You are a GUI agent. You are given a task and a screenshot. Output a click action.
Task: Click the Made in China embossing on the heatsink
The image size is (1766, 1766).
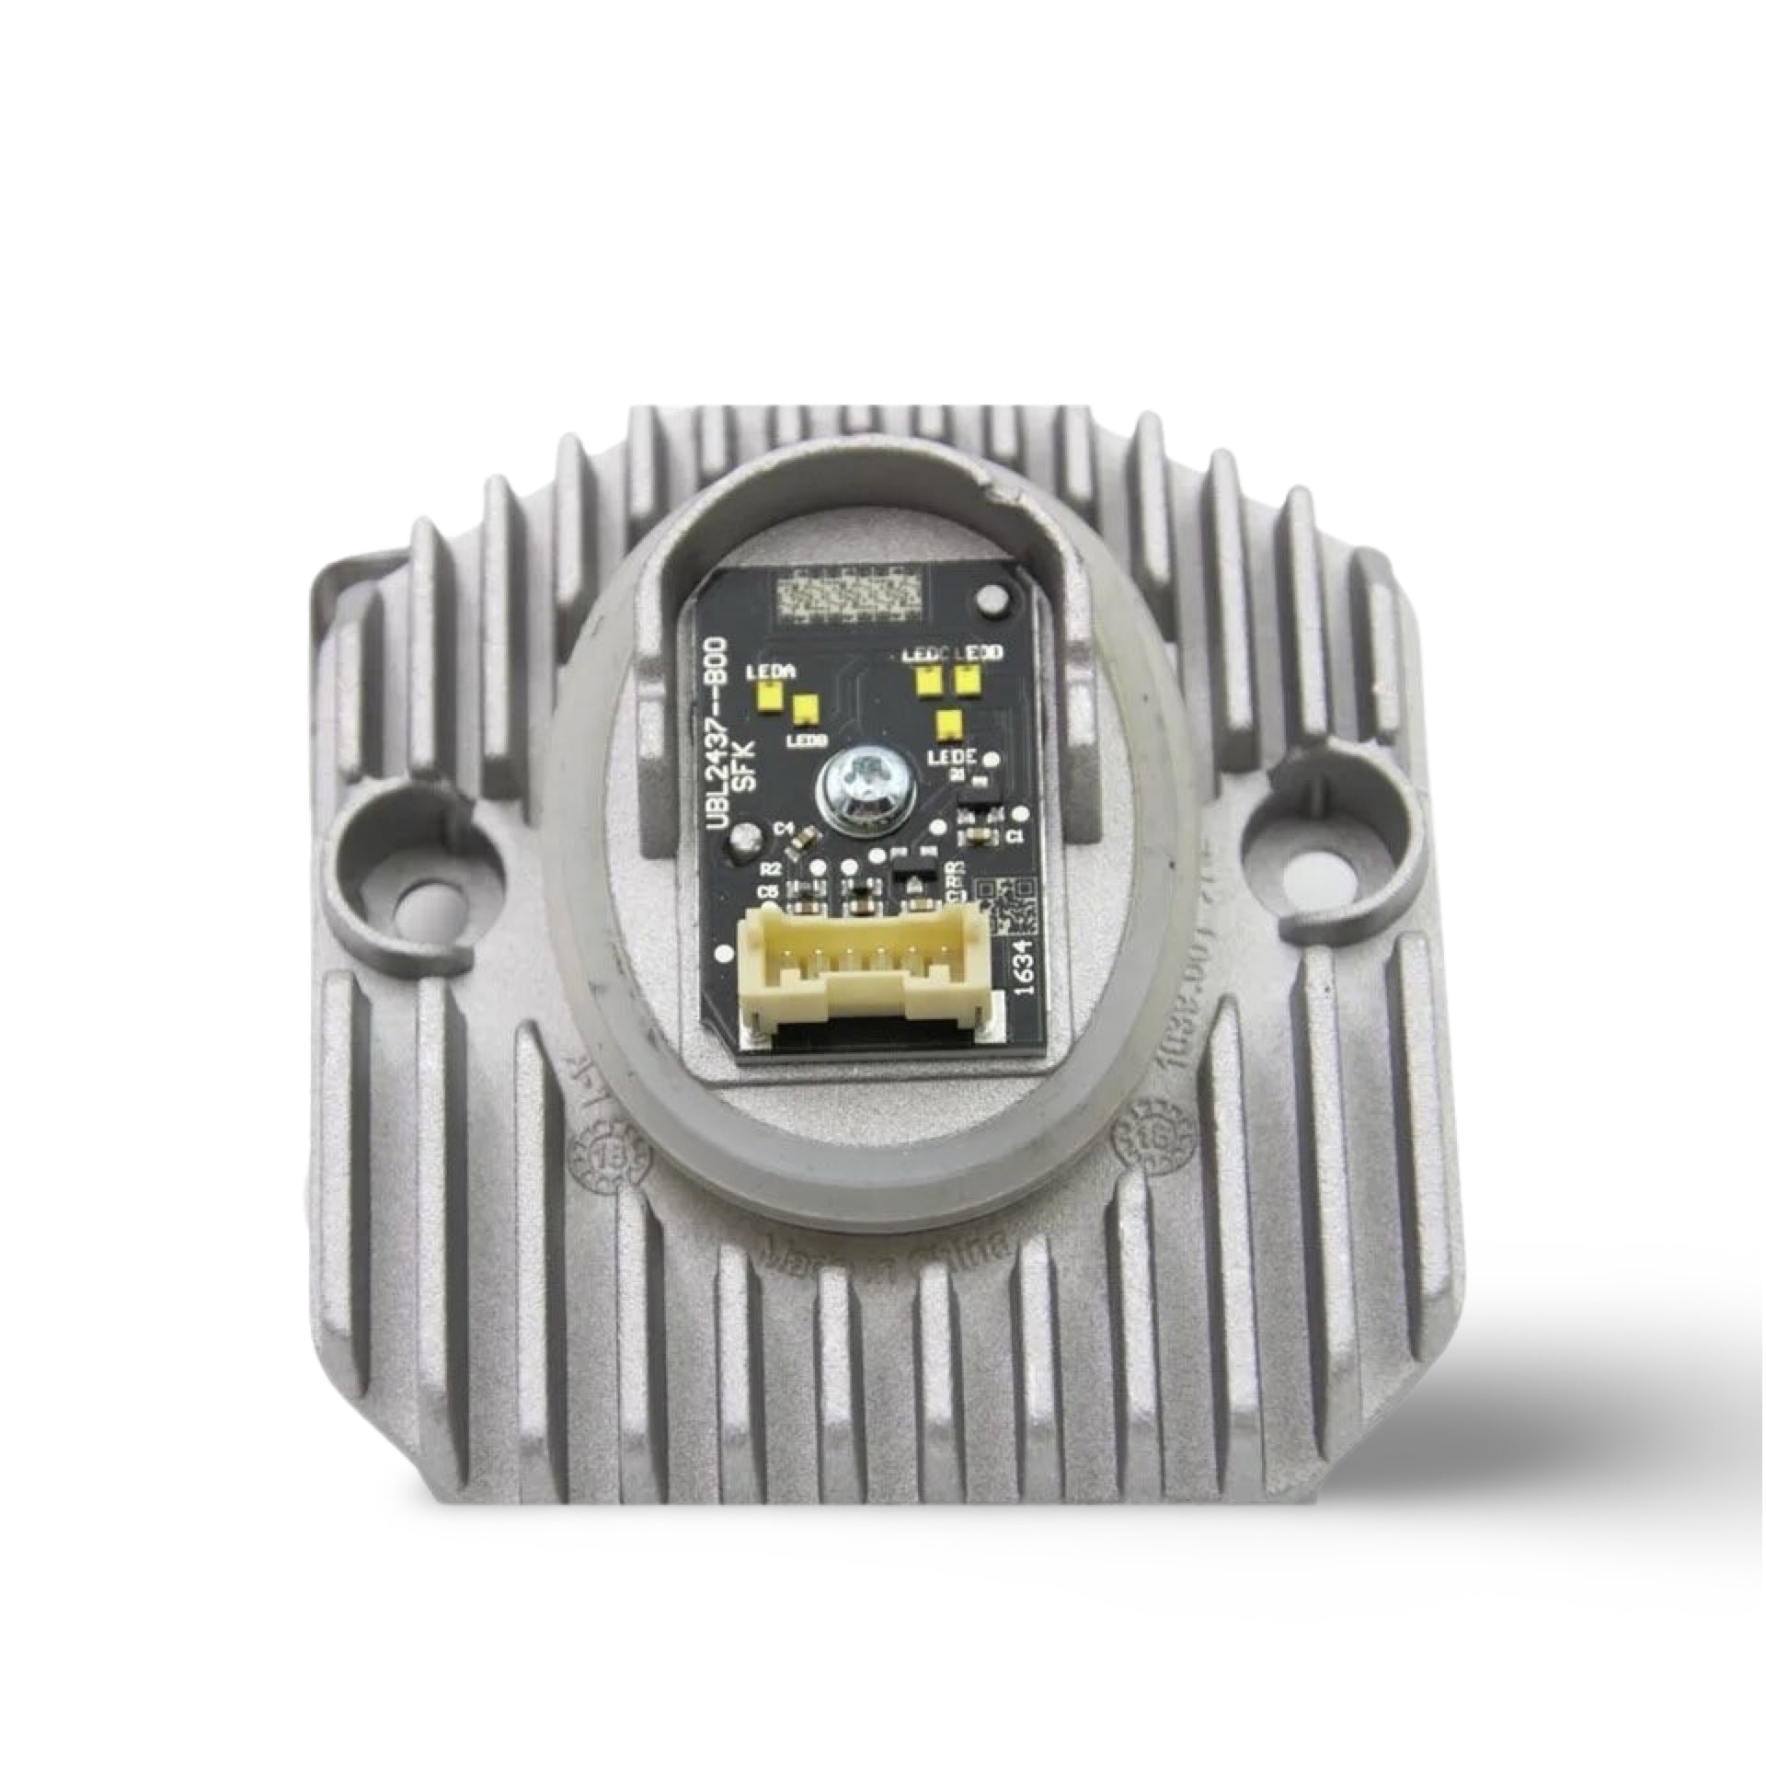[x=884, y=1252]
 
